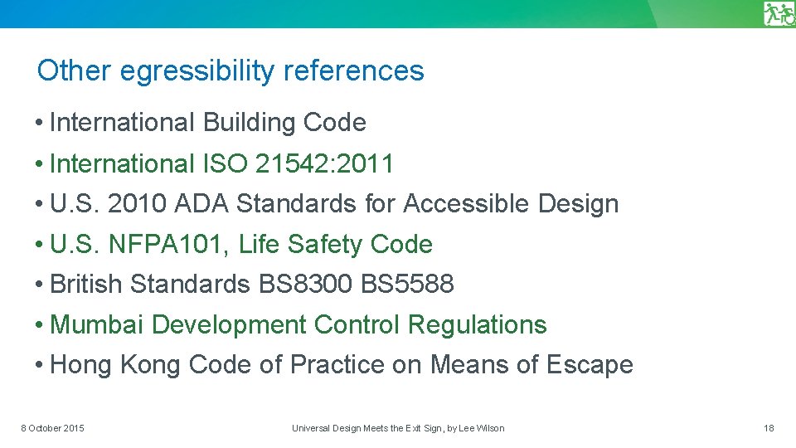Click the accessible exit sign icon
coord(779,13)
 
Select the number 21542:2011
coord(324,164)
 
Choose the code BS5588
coord(408,285)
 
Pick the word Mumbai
coord(98,325)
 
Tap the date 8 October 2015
coord(52,428)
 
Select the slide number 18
coord(769,428)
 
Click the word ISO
coord(224,164)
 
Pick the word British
coord(87,285)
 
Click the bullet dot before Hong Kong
coord(40,366)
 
